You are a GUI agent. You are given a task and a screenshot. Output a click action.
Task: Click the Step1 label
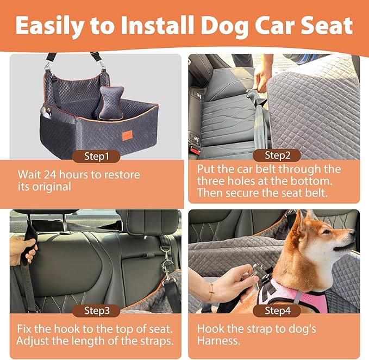click(x=96, y=156)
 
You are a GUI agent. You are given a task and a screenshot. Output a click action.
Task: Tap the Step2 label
click(x=278, y=156)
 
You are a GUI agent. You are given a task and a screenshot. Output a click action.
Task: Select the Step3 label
click(x=96, y=311)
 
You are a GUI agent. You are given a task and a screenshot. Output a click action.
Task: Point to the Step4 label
click(x=278, y=311)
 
